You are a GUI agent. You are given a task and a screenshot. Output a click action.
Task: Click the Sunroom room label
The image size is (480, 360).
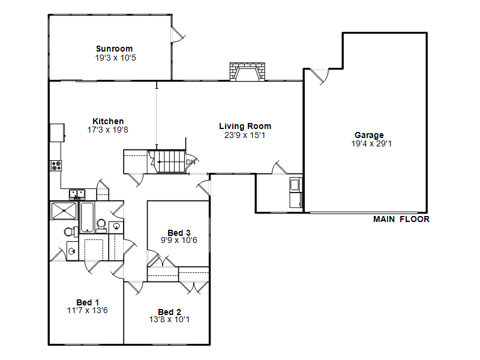tap(114, 49)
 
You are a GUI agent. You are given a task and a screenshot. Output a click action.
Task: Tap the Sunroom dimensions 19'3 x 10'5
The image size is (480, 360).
tap(115, 58)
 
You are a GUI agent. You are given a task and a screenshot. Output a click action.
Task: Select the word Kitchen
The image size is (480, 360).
tap(108, 121)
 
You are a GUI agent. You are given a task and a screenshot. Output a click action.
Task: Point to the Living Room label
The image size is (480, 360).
tap(245, 126)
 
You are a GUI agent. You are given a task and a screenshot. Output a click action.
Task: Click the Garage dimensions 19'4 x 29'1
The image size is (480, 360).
tap(371, 143)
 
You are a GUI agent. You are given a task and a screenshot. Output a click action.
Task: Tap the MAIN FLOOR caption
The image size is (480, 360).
tap(401, 219)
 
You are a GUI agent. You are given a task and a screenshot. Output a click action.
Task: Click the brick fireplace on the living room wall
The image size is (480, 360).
tap(247, 71)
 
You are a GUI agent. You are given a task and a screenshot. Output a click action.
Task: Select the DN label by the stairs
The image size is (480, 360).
tap(191, 162)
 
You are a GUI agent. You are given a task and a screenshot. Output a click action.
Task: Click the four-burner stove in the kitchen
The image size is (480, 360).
tap(56, 166)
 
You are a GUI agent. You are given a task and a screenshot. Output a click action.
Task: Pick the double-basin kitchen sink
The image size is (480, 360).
tap(77, 194)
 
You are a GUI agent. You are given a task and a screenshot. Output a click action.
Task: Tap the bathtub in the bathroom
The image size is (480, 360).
tap(87, 217)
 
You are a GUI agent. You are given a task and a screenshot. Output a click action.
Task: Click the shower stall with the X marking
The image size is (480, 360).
tap(64, 211)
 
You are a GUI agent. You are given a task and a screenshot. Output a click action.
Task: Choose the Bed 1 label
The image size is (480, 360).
tap(88, 302)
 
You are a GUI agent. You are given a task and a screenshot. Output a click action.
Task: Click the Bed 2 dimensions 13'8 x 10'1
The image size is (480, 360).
tap(169, 320)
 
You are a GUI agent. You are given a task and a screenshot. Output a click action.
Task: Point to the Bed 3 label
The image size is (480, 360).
tap(179, 233)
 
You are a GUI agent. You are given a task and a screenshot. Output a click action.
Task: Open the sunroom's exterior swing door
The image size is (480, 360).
tap(178, 34)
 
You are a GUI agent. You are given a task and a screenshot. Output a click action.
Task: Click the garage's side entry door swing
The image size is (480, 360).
tap(320, 77)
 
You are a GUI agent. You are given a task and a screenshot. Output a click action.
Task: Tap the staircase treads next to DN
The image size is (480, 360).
tap(171, 161)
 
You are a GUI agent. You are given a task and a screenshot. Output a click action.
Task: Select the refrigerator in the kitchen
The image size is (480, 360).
tap(57, 133)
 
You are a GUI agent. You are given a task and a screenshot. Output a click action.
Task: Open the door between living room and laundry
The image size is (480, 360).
tap(280, 167)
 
